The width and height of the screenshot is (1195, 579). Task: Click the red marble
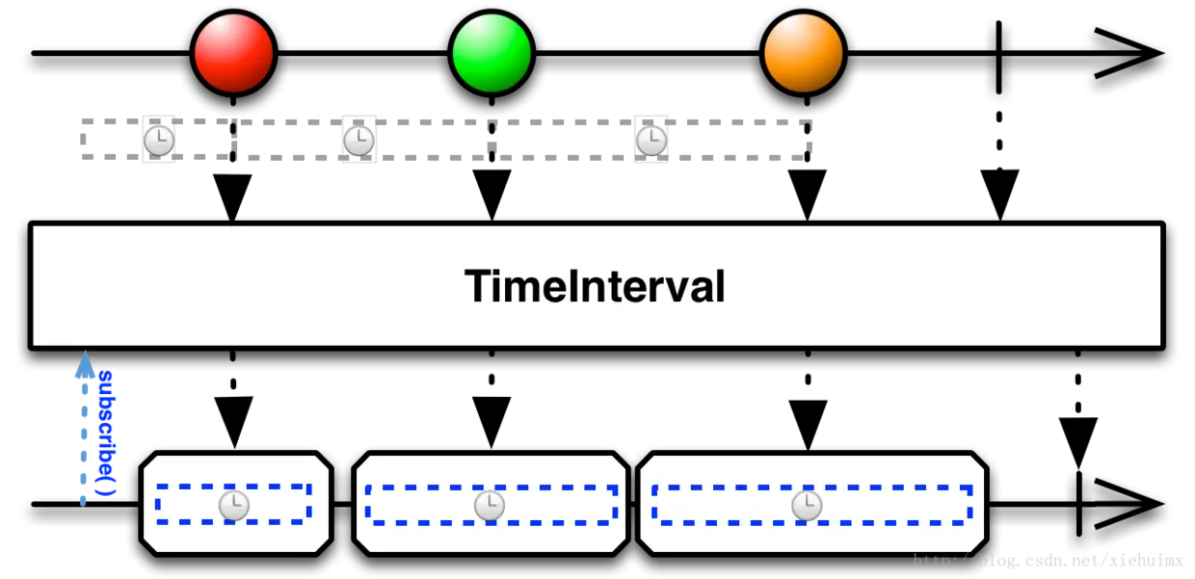point(233,53)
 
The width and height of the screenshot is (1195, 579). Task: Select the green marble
point(491,53)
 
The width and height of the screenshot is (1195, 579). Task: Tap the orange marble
point(803,53)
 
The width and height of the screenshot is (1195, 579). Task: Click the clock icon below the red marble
point(159,141)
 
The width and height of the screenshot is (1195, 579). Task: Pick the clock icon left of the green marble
point(358,141)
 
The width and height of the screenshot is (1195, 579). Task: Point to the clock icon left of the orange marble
point(651,141)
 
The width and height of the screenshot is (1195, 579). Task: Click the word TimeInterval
point(595,286)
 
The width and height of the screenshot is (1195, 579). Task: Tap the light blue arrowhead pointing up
point(85,364)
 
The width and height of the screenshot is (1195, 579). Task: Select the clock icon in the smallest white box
point(234,505)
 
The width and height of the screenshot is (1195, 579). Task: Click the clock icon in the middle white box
point(490,505)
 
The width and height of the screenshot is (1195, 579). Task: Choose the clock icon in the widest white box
point(807,505)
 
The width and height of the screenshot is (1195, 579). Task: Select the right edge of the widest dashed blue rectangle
point(969,504)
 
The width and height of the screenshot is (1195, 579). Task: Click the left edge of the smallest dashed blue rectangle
point(158,504)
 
